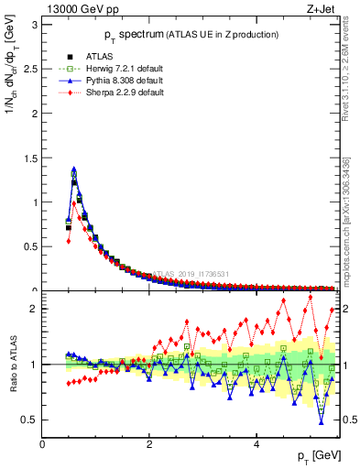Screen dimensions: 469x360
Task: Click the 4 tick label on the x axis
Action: (x=256, y=444)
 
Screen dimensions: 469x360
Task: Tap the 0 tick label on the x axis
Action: (x=42, y=444)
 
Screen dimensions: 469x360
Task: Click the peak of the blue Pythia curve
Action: (x=73, y=169)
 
